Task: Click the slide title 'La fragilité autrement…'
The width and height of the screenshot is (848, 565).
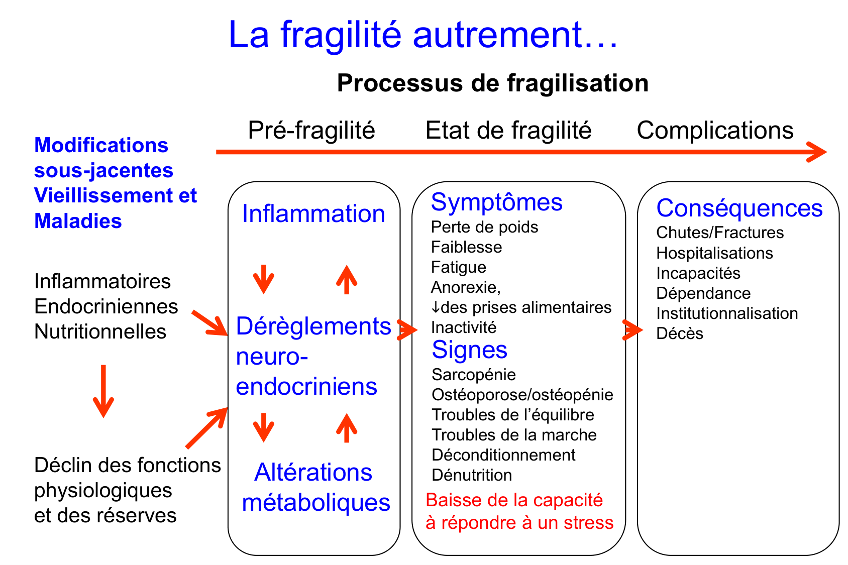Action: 423,35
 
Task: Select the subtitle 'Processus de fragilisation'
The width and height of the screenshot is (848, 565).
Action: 492,83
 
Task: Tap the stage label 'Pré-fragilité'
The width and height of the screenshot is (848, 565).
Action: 311,130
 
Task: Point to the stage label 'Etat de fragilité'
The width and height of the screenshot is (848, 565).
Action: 508,130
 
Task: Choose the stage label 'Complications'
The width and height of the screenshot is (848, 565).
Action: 715,130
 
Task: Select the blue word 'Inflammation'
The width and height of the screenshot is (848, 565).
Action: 313,213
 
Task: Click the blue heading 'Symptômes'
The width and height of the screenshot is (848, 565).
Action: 496,202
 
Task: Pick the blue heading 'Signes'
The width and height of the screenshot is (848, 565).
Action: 469,350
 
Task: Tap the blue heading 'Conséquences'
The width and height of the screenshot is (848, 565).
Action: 739,208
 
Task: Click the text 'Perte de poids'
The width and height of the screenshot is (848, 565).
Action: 484,227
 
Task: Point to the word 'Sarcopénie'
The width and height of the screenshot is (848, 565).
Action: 473,375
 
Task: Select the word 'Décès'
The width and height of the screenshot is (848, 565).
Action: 679,333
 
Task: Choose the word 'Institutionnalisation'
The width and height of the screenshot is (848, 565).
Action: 727,313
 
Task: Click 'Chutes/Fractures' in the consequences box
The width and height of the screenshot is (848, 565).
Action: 719,233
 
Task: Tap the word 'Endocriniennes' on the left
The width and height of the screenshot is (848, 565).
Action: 106,306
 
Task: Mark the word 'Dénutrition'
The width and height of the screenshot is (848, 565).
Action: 472,475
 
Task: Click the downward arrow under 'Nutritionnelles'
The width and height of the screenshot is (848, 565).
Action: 103,392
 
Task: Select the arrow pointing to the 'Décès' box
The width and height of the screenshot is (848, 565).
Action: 632,330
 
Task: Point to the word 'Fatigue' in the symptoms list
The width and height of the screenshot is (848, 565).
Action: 458,267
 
